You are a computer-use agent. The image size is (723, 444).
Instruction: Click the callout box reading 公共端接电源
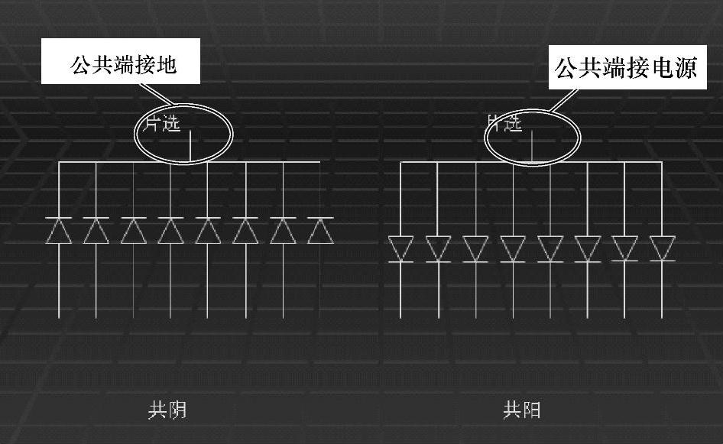click(x=627, y=69)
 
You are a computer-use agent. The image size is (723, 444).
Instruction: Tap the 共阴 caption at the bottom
click(x=167, y=411)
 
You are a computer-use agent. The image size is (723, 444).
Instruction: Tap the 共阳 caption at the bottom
click(x=522, y=411)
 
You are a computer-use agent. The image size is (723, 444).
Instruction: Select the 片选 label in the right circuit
click(x=505, y=122)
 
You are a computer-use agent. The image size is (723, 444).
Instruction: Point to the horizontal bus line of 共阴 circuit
click(x=115, y=163)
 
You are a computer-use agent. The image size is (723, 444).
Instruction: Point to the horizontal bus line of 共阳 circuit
click(x=459, y=163)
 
